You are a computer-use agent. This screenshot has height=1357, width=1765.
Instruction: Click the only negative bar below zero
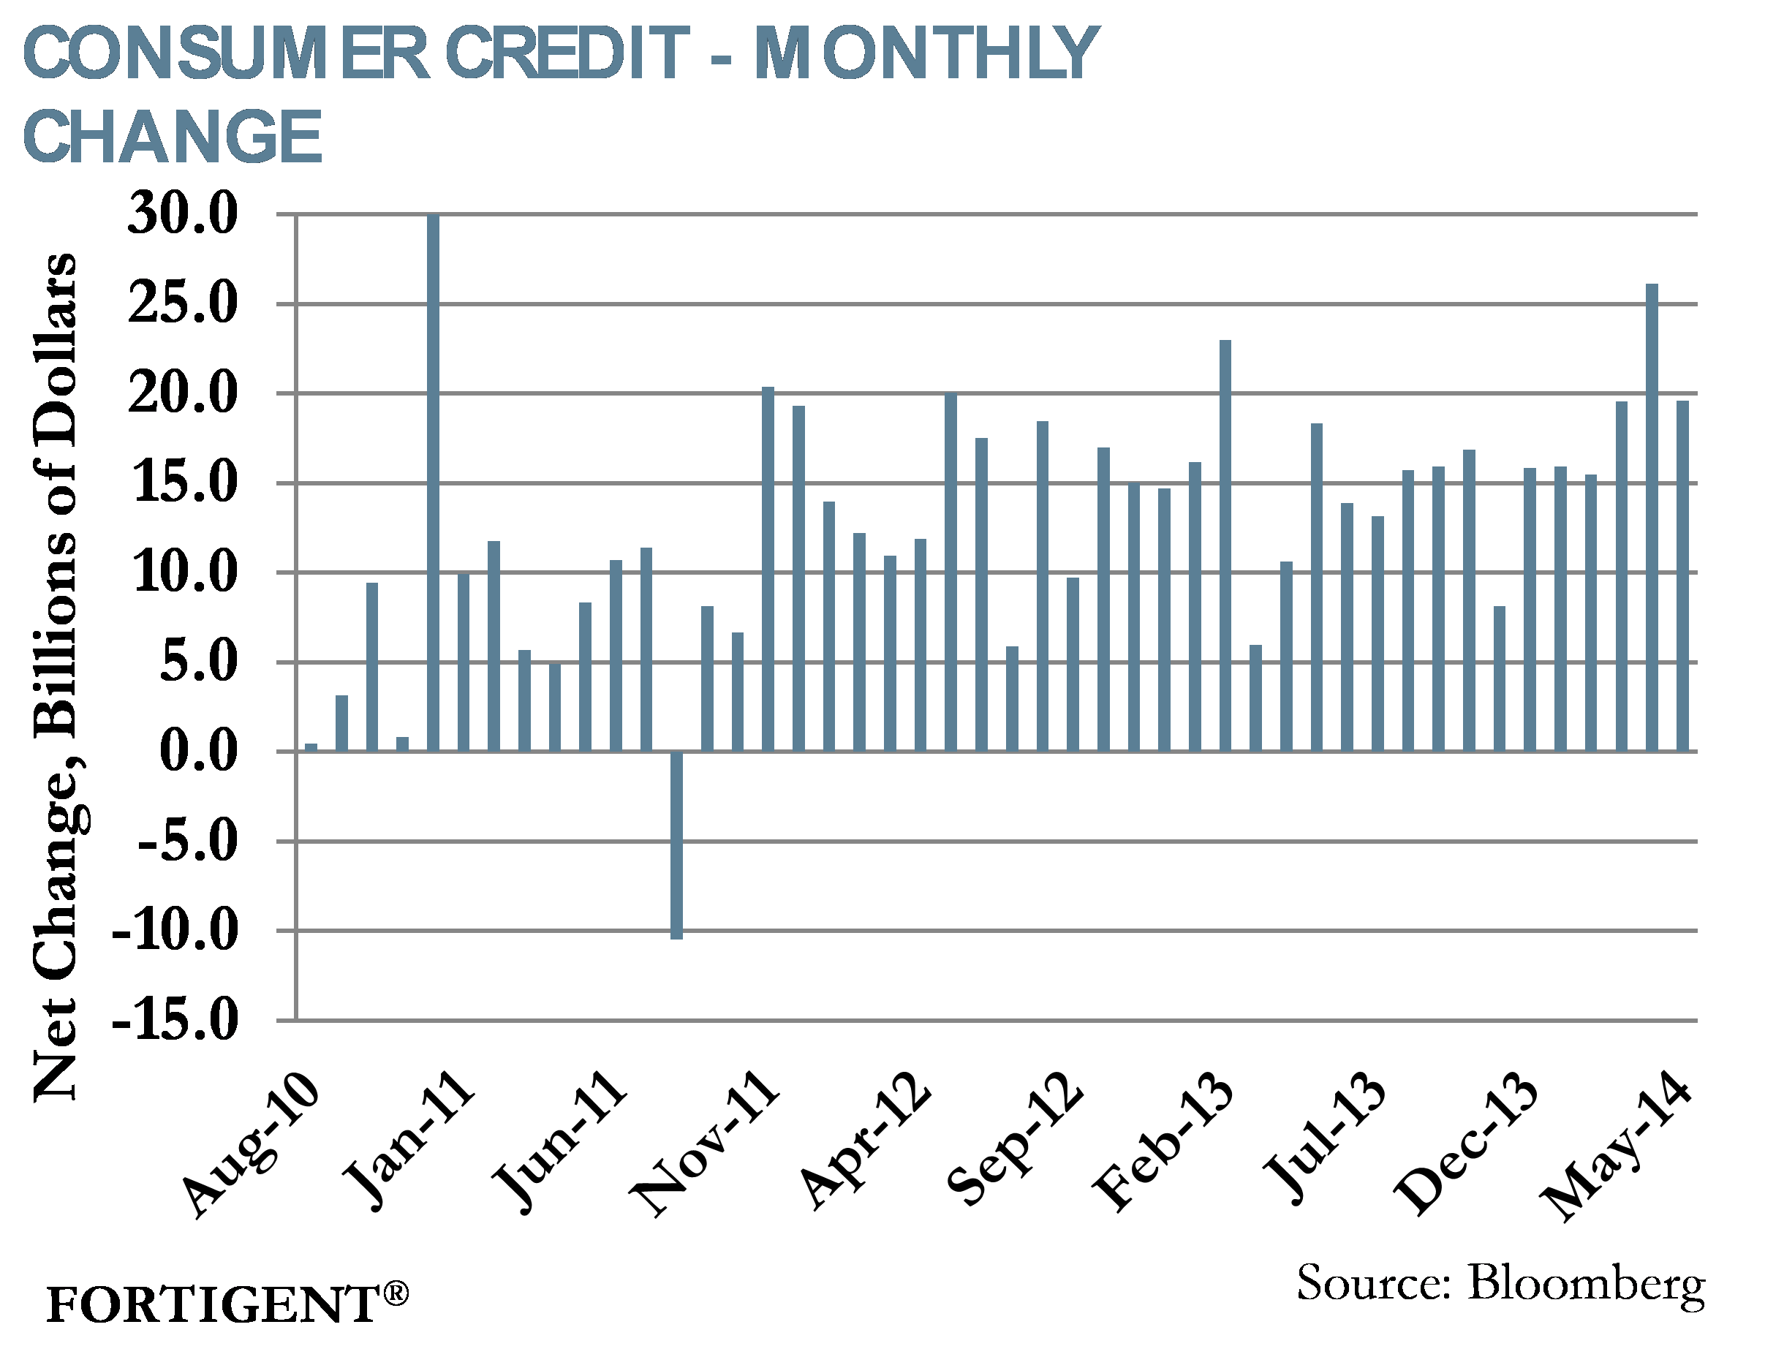click(x=676, y=844)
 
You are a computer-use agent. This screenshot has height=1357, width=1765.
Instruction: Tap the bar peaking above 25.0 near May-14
click(x=1652, y=517)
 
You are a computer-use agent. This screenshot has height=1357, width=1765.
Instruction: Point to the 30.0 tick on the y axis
click(x=183, y=215)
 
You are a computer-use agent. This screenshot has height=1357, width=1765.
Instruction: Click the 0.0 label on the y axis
click(x=199, y=751)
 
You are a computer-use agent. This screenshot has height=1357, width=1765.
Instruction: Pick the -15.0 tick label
click(x=175, y=1019)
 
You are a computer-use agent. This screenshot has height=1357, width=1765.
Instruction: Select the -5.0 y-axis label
click(x=188, y=841)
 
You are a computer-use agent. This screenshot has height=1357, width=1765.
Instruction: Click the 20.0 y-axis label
click(x=183, y=394)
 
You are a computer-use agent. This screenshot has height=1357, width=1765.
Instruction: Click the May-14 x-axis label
click(x=1616, y=1147)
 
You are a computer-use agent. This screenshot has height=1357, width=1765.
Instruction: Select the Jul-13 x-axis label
click(x=1325, y=1139)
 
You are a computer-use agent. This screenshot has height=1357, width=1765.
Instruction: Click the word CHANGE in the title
click(x=173, y=137)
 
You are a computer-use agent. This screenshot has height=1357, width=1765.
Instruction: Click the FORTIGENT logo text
click(x=211, y=1304)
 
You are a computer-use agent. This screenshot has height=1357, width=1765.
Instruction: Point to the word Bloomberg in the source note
click(x=1586, y=1283)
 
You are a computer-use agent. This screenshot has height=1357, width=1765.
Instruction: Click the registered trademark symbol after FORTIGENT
click(x=396, y=1293)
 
